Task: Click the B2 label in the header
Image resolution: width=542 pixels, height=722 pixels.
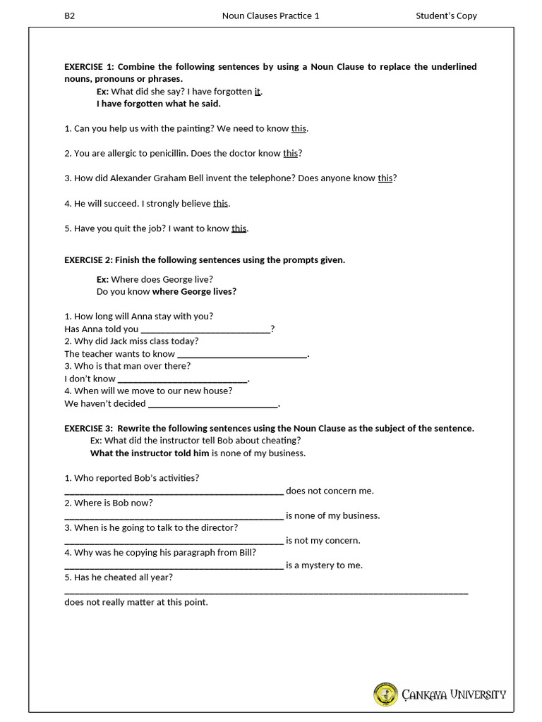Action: click(69, 16)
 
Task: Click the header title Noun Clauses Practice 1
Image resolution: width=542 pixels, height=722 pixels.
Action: click(270, 16)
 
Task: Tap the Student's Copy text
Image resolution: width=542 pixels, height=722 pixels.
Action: click(446, 16)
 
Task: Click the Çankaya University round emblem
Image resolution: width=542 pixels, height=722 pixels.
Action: click(385, 695)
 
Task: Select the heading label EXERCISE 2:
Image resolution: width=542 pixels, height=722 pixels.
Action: click(88, 260)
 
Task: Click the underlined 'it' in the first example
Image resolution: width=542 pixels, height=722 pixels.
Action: click(258, 92)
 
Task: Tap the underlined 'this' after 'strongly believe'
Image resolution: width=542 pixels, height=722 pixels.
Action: click(221, 204)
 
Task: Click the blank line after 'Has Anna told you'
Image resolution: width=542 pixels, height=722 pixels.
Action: click(206, 330)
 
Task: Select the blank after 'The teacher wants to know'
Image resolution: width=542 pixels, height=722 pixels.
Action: click(242, 355)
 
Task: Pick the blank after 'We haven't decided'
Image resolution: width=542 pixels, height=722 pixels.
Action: click(213, 405)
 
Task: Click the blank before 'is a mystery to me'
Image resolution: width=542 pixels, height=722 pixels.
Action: click(174, 566)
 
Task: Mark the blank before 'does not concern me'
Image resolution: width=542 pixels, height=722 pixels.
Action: click(174, 491)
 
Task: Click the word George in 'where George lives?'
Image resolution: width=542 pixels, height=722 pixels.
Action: click(195, 292)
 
